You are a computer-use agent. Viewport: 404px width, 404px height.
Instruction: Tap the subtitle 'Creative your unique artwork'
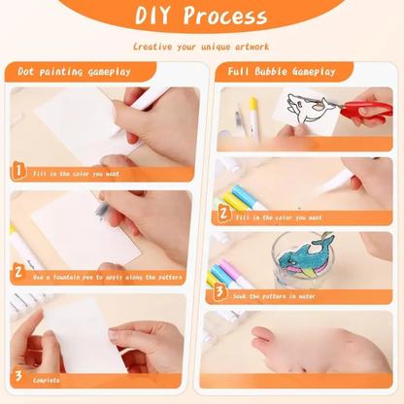tap(201, 46)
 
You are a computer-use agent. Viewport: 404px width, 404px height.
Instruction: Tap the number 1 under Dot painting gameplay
tap(18, 172)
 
